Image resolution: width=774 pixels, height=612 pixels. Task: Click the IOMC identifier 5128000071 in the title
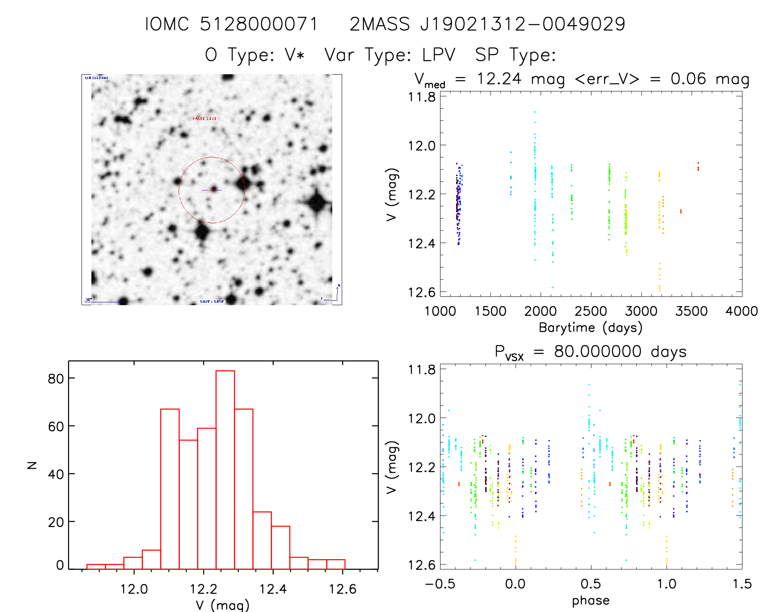[259, 24]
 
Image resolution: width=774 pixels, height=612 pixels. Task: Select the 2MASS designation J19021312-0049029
[523, 24]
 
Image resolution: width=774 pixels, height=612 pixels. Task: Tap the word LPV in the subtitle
[439, 55]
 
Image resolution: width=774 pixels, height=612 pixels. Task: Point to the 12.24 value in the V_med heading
[499, 79]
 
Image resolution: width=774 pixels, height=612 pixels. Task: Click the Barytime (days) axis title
[590, 327]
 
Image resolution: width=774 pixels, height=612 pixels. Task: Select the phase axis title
[590, 600]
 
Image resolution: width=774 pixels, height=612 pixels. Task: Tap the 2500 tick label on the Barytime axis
[591, 311]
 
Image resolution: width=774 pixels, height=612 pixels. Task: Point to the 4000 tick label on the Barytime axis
[742, 311]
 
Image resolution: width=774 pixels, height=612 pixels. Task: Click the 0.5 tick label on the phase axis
[591, 584]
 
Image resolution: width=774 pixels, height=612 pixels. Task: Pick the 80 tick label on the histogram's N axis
[56, 379]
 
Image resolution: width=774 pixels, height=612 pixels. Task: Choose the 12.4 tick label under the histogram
[273, 589]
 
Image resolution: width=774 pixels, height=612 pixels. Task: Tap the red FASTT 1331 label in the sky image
[204, 118]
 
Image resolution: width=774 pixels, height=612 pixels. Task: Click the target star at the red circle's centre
[213, 189]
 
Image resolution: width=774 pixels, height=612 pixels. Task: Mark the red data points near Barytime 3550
[698, 166]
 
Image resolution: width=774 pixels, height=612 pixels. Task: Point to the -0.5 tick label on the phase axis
[440, 584]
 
